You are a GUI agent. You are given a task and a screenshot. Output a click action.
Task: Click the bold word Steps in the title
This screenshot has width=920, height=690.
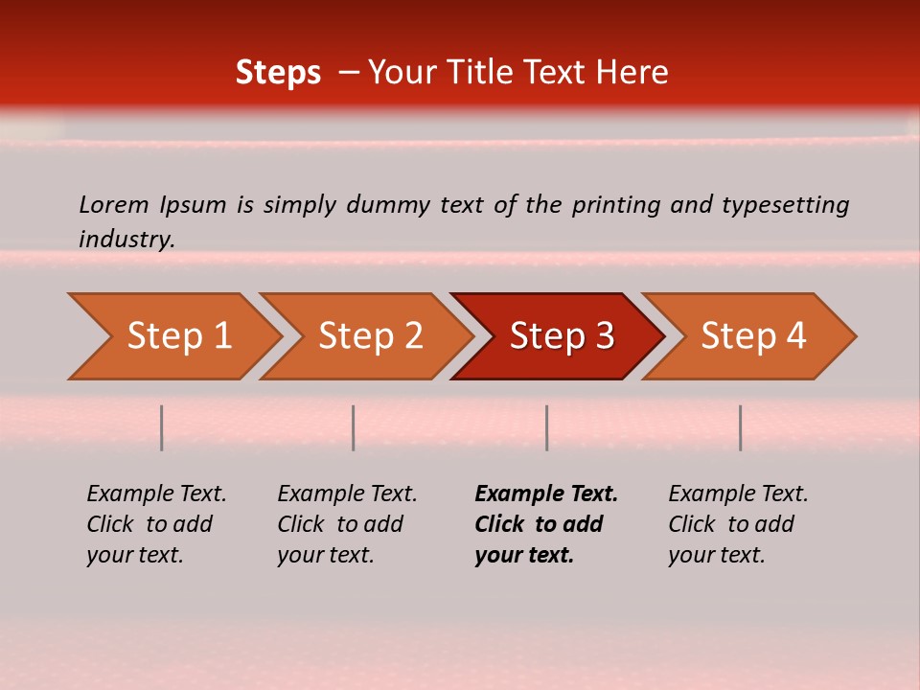[278, 73]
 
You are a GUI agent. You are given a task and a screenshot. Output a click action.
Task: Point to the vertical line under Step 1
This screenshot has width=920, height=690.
[162, 427]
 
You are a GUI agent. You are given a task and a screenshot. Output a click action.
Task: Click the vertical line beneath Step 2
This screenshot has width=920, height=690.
[354, 427]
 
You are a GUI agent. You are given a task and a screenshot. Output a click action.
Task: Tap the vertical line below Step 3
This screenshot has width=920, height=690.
[546, 427]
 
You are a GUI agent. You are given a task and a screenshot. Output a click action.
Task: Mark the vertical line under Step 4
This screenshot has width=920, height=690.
[740, 427]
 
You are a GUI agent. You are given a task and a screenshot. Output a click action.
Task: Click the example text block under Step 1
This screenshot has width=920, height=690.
[156, 524]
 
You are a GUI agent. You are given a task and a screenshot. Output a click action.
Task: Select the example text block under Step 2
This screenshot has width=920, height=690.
[347, 524]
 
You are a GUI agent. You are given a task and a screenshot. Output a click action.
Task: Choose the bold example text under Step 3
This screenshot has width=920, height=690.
[546, 524]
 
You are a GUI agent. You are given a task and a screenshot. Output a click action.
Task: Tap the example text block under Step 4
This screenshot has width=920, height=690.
[738, 524]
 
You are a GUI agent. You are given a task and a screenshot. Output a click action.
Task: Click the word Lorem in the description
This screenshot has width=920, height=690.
[114, 205]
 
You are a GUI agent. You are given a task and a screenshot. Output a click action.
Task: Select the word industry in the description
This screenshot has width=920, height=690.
[126, 240]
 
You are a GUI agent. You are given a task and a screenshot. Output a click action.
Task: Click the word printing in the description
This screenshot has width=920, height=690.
[615, 205]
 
